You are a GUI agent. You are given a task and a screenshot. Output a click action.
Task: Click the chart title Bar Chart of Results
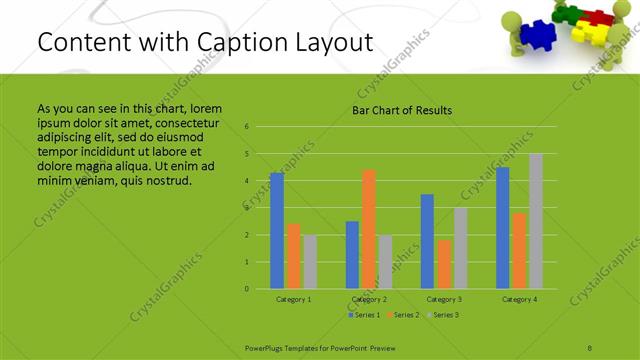point(401,110)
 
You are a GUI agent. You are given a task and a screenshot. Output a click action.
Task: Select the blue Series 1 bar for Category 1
point(277,230)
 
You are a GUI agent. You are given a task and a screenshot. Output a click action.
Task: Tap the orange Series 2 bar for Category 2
point(368,229)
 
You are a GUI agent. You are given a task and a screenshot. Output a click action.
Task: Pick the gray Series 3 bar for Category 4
point(536,221)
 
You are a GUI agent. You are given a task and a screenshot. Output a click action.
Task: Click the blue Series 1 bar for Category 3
point(427,241)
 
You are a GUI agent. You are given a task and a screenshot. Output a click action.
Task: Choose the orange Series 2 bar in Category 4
point(520,250)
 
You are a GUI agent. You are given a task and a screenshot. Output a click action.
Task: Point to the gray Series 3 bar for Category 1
point(309,262)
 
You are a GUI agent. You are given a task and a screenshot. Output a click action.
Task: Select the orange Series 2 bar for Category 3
point(443,264)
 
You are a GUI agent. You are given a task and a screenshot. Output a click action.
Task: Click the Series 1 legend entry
point(364,315)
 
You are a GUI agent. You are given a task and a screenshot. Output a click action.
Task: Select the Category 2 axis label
point(368,299)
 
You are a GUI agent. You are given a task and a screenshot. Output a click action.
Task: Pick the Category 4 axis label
point(519,299)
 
